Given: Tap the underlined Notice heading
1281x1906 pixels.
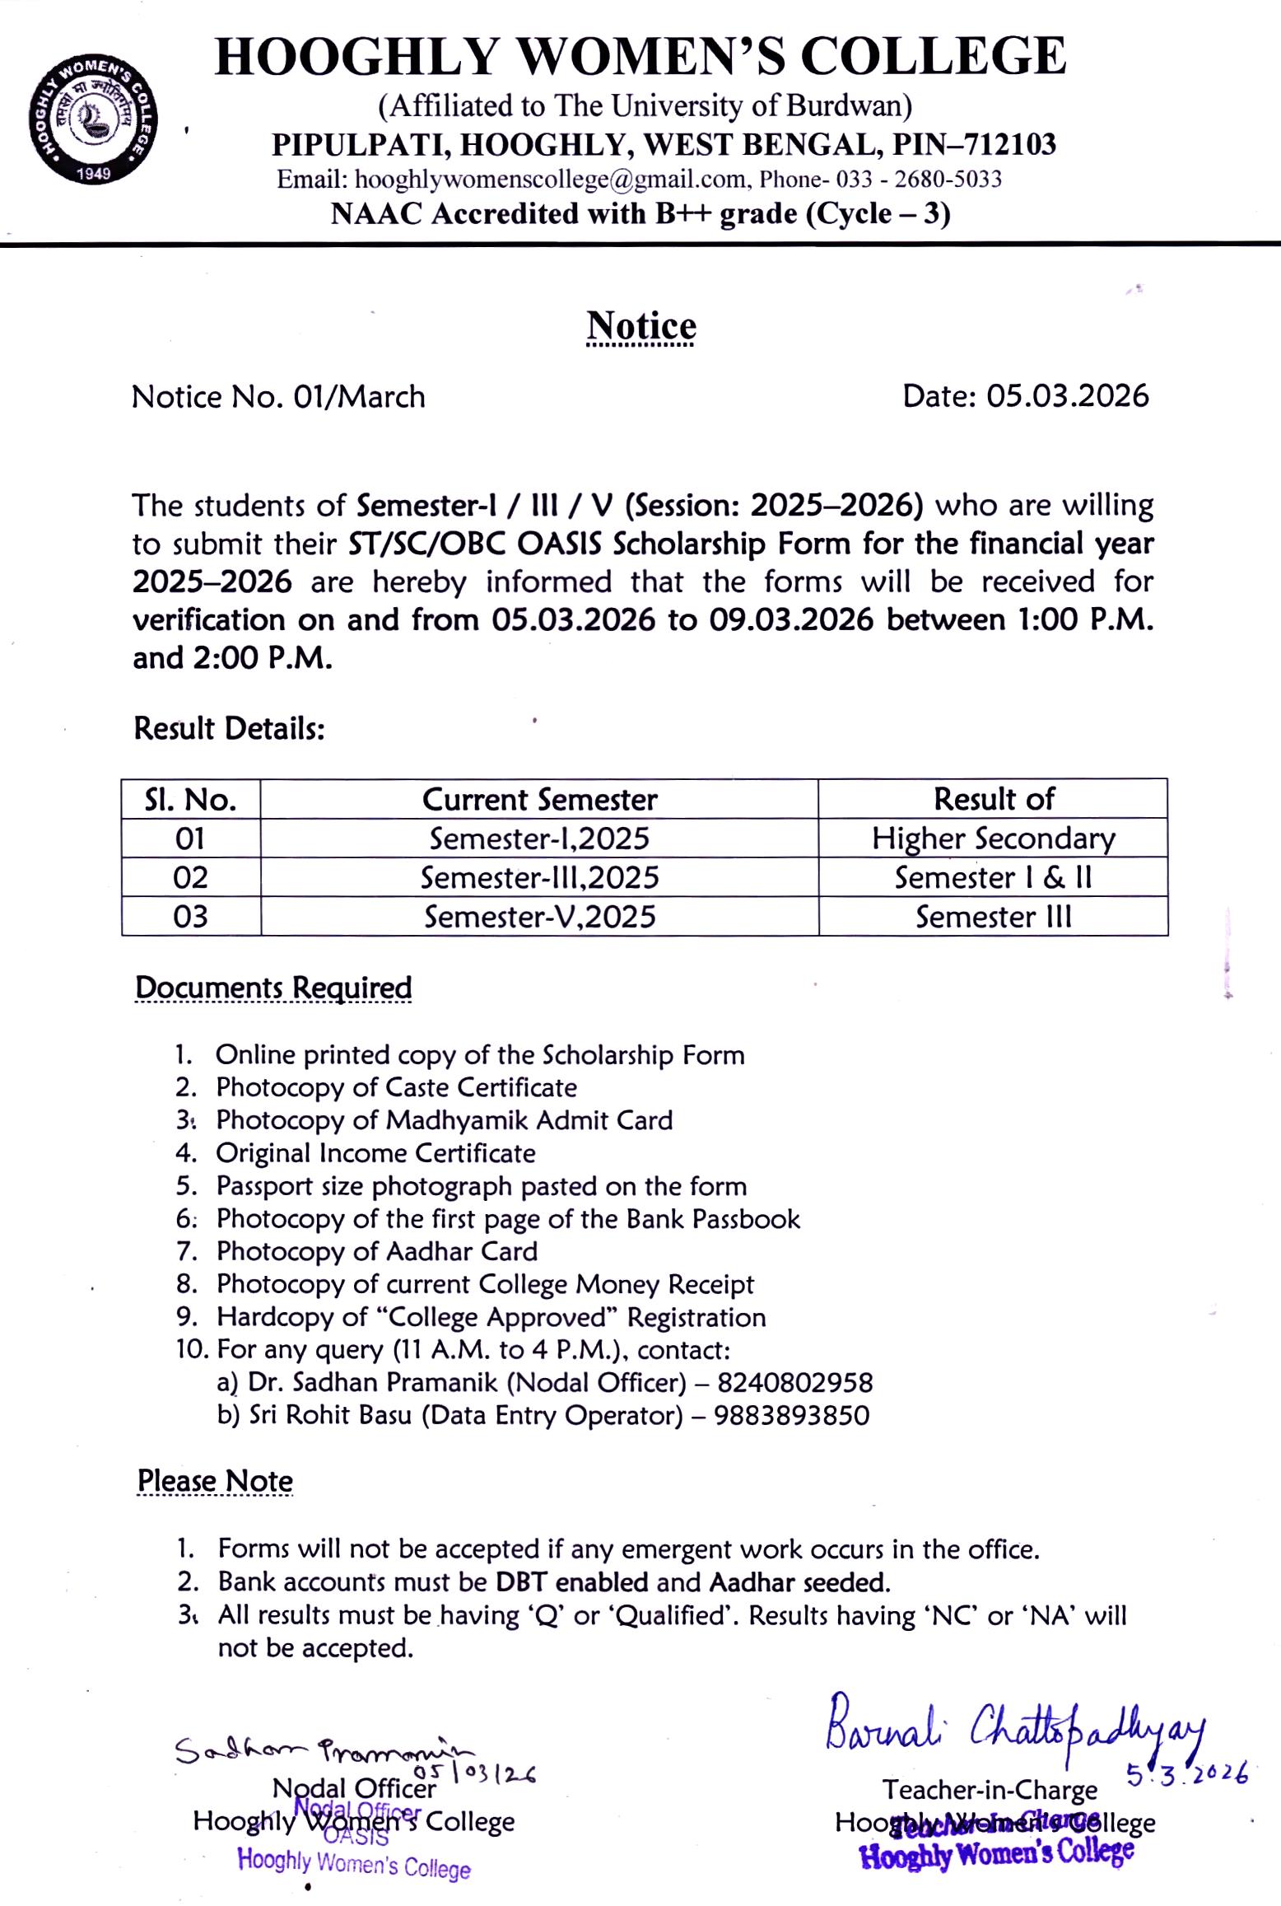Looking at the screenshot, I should pos(640,326).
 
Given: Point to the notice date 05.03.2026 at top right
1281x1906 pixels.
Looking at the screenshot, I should pos(1067,396).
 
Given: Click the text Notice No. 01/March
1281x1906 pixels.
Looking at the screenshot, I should pos(278,397).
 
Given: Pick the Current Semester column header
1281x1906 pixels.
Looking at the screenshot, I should pos(539,799).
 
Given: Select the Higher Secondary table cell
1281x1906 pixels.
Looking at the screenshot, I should pos(993,839).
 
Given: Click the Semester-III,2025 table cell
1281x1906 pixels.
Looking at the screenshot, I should pos(539,877).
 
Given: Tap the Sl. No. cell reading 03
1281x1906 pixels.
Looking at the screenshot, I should pos(190,917).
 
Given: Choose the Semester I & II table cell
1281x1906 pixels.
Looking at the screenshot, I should pos(993,877).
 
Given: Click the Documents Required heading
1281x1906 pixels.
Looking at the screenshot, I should pos(273,988).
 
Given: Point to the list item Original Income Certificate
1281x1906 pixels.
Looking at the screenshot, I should pos(375,1153).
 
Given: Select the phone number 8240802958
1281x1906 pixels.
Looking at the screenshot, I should pos(794,1382).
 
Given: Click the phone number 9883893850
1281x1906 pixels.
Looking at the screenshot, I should pos(791,1415).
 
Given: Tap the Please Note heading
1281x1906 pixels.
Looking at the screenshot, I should pos(215,1480).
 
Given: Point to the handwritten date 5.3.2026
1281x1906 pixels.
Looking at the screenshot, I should pos(1186,1773).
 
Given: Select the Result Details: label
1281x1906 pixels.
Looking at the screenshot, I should pos(229,728).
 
